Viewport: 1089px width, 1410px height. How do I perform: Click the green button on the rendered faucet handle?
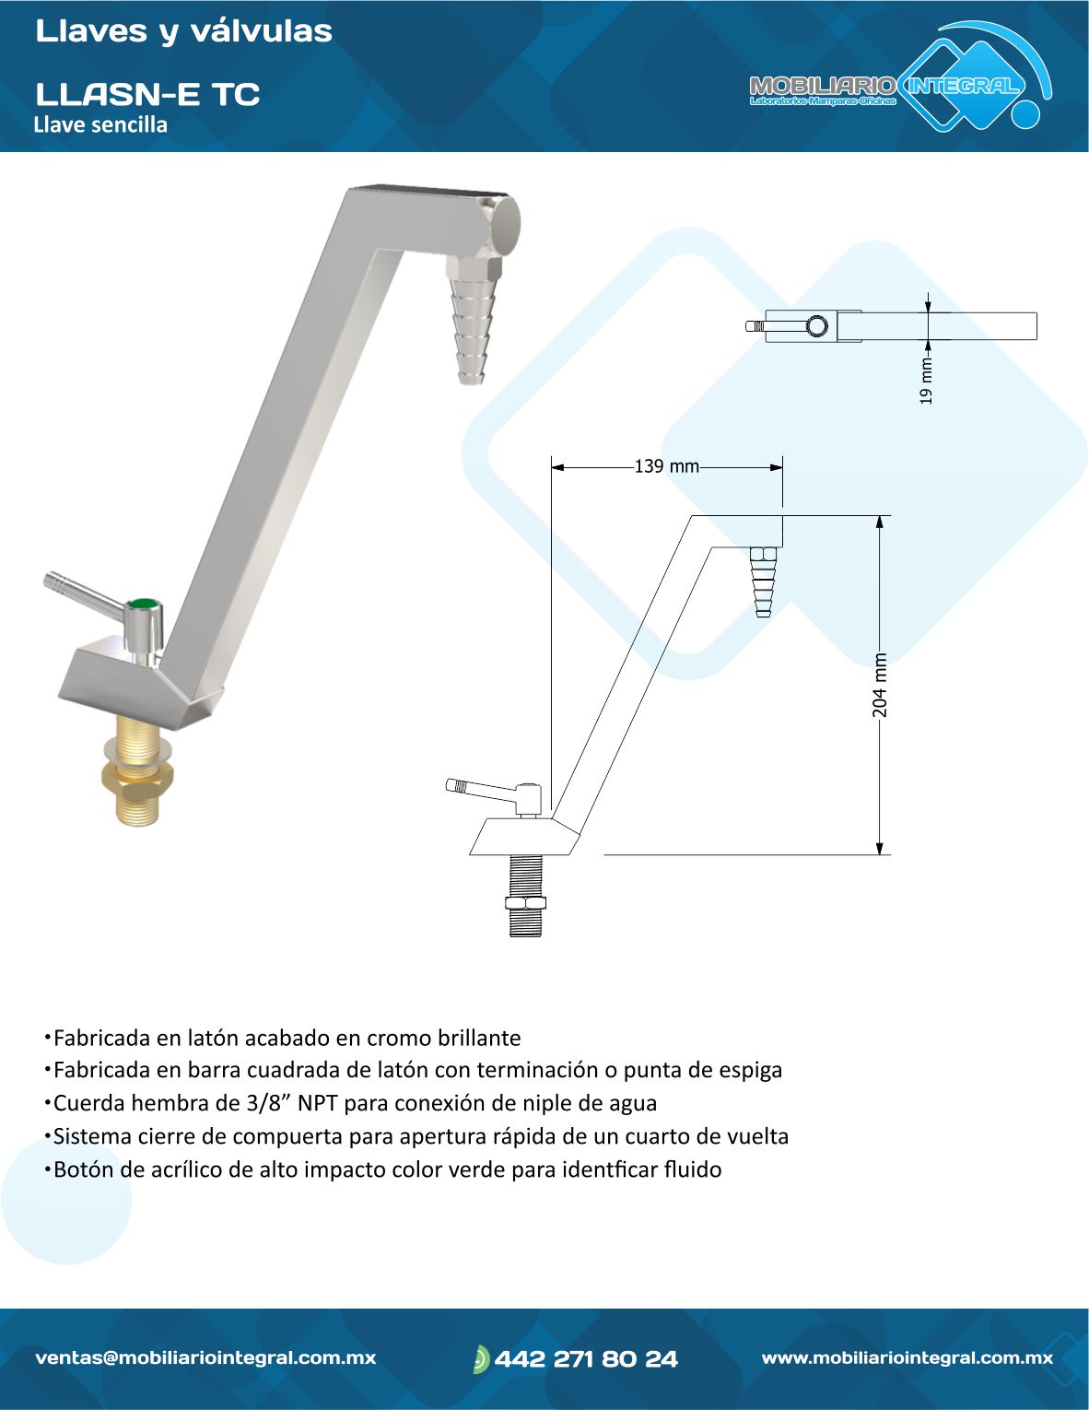[144, 605]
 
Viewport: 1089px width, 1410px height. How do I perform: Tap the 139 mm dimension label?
[667, 466]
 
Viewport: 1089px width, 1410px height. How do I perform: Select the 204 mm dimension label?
[880, 685]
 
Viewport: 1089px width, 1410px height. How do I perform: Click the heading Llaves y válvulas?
[183, 32]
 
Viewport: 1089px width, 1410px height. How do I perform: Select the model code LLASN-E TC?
[148, 94]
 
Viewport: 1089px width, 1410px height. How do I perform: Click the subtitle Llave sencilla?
[100, 124]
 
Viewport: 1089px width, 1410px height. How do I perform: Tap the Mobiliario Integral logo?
[900, 76]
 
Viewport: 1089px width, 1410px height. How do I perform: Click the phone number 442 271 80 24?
[586, 1358]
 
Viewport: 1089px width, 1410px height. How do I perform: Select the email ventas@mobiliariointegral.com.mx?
[205, 1358]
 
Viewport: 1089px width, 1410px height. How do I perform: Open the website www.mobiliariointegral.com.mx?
[907, 1357]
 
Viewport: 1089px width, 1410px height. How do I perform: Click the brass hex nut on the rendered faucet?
[137, 781]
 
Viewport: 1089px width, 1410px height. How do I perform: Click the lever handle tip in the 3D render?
[53, 580]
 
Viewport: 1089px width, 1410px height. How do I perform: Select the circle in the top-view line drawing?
[816, 325]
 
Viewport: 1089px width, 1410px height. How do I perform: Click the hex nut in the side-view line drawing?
[525, 902]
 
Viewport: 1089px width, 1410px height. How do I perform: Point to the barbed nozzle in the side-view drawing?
[764, 582]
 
